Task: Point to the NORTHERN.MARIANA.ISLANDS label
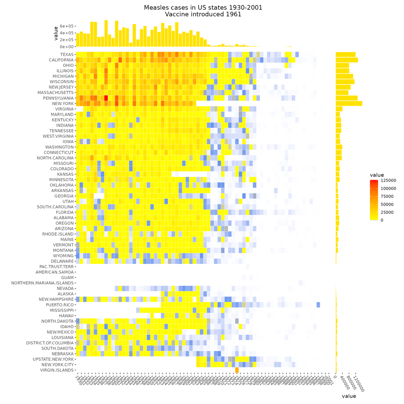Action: point(42,283)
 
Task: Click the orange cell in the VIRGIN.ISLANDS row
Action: point(237,370)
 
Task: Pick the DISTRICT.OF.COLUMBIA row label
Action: point(50,343)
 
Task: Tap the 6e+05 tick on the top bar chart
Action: point(66,26)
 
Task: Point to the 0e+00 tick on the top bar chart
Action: point(66,47)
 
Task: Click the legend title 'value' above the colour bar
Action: point(377,175)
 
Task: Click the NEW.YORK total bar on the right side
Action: point(349,103)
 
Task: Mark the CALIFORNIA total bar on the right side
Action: point(347,60)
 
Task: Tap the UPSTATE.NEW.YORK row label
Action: point(53,359)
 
